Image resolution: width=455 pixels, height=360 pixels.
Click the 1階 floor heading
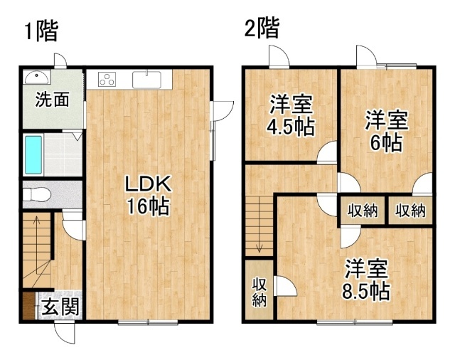(x=41, y=31)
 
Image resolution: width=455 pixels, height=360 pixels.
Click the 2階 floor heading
(x=262, y=28)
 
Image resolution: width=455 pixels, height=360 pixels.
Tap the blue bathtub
(x=33, y=155)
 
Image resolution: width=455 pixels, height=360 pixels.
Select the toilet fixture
(x=36, y=194)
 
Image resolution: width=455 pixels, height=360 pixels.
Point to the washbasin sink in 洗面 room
(x=37, y=77)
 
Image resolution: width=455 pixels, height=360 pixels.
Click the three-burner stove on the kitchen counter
(x=107, y=79)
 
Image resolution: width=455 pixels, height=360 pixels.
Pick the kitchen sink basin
(x=146, y=79)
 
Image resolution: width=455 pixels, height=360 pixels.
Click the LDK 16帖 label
(x=148, y=195)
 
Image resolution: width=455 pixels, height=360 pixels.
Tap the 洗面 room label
(x=52, y=100)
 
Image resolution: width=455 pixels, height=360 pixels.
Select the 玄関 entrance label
(x=60, y=307)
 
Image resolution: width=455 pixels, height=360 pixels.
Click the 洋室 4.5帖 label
(x=291, y=115)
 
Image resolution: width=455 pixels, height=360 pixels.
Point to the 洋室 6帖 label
(x=387, y=131)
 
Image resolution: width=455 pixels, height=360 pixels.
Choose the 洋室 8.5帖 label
(x=366, y=280)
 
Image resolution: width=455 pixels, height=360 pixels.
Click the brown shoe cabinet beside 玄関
(x=29, y=305)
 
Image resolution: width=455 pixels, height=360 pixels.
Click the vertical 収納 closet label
(x=259, y=292)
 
